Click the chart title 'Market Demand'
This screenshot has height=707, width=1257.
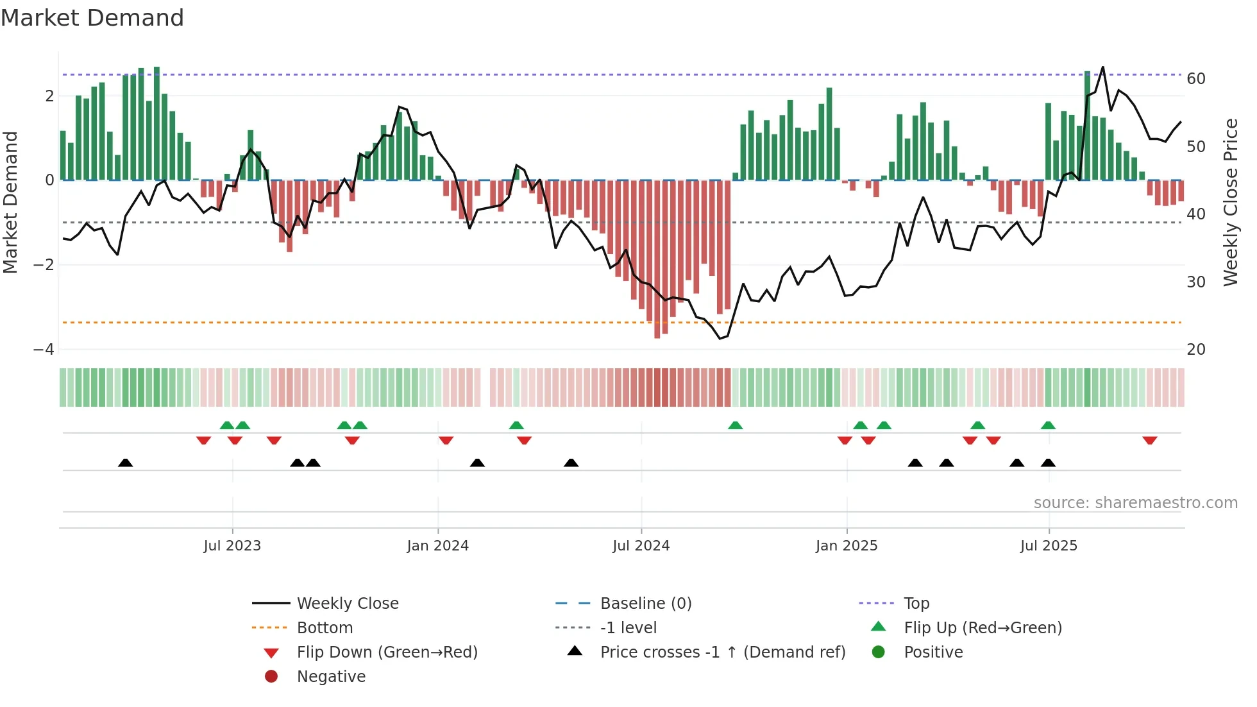click(x=92, y=18)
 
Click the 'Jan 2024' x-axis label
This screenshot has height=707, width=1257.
click(x=438, y=546)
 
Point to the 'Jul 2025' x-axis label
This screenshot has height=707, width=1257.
click(x=1049, y=546)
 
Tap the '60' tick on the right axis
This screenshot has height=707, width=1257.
click(x=1196, y=79)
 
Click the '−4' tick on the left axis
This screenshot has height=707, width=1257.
click(x=44, y=350)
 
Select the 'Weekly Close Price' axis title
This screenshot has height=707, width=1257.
click(x=1230, y=202)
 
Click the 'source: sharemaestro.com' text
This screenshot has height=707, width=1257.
click(x=1135, y=502)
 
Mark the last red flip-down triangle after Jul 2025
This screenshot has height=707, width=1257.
click(x=1149, y=441)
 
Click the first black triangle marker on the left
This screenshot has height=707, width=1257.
click(x=126, y=463)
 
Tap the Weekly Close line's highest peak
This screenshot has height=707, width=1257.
click(x=1102, y=67)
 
